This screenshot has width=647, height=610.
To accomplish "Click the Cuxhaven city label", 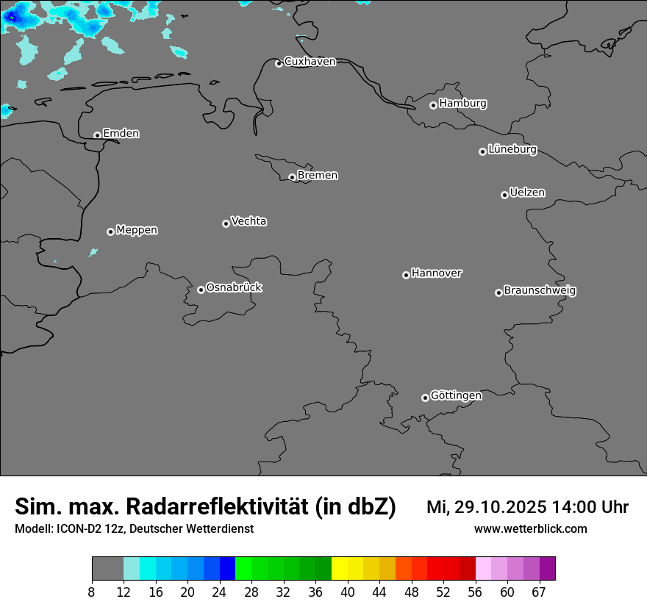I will (x=310, y=62).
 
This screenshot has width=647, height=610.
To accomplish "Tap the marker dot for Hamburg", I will (x=433, y=105).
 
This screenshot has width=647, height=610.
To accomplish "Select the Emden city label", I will (x=121, y=134).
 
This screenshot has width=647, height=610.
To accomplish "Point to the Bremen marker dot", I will (x=292, y=177).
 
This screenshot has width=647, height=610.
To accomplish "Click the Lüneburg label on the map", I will (x=512, y=150).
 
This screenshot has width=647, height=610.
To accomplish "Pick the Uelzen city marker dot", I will (x=504, y=195).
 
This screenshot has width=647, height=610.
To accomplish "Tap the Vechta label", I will (x=249, y=221).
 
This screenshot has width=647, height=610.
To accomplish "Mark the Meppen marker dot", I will (x=110, y=232).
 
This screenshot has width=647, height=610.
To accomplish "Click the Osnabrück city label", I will (x=234, y=287).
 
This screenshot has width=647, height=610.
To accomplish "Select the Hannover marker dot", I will (x=406, y=275).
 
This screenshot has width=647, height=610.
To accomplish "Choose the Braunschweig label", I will (x=540, y=291).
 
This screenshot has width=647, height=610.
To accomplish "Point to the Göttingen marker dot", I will (x=425, y=398).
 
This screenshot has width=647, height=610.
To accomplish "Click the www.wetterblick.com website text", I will (x=530, y=529).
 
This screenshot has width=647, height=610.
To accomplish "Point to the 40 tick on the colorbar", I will (x=348, y=592).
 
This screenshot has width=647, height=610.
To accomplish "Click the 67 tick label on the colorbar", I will (x=539, y=592).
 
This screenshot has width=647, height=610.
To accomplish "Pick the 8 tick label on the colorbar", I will (x=92, y=592).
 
